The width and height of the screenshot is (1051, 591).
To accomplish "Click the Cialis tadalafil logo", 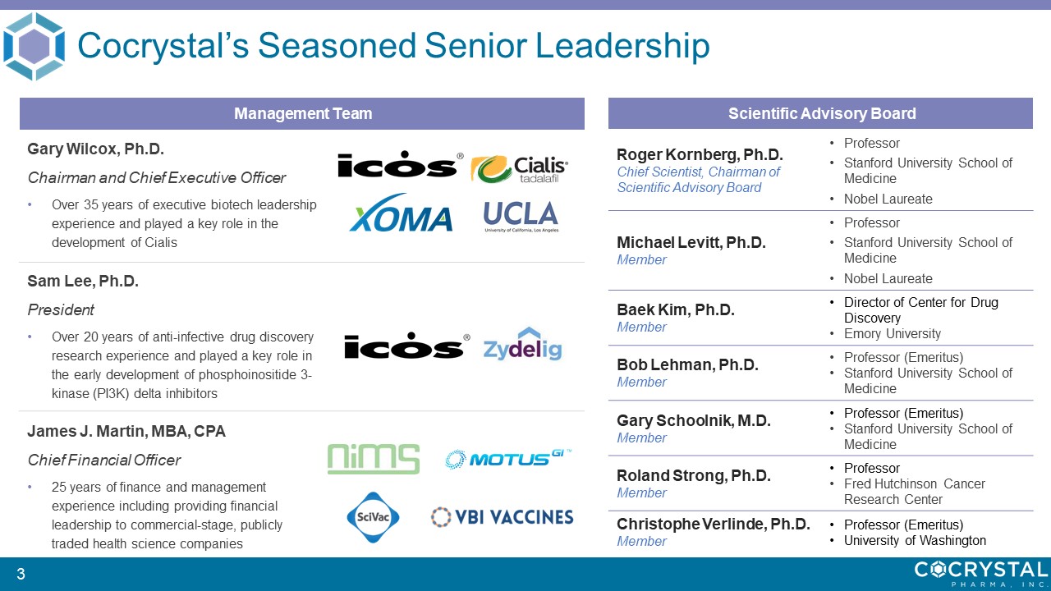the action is coord(520,169).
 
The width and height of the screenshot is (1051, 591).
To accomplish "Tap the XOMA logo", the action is coord(401,213).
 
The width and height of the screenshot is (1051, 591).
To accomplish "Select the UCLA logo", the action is coord(521,216).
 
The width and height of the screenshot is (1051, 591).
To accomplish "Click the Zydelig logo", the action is coord(523,344).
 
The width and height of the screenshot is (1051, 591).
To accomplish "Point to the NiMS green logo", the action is coord(374,459).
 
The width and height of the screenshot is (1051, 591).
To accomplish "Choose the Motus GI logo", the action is coord(508,459).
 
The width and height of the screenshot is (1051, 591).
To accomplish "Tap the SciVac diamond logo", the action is coord(373,517).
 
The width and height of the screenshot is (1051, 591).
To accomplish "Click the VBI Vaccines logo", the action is coord(502,517).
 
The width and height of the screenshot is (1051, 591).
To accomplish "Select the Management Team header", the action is coord(302,113).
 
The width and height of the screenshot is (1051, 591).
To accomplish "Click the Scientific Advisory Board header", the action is coord(820,113).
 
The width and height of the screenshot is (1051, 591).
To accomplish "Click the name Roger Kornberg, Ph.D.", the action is coord(700,154).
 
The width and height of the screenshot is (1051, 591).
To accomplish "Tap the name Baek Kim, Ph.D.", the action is coord(675,309).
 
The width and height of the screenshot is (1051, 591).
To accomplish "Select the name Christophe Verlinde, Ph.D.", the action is coord(714,524).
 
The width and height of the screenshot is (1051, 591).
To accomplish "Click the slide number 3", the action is coord(21,574).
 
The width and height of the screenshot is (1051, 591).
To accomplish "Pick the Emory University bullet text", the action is coord(893,334).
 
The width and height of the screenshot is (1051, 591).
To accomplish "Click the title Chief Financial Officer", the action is coord(104,460).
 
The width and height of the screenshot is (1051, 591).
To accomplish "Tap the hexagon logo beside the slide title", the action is coord(34,47).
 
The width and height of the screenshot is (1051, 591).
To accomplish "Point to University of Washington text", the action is coord(915,541).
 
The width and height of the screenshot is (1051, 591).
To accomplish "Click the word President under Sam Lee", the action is coord(61,310).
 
